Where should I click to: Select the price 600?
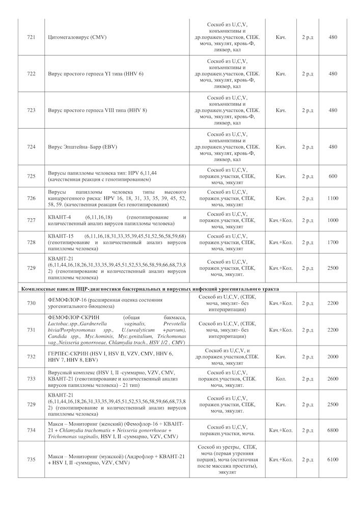tap(333, 176)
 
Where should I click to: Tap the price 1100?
tap(333, 198)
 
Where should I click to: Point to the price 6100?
tap(333, 460)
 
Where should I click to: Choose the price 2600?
tap(333, 379)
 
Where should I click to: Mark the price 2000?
tap(333, 357)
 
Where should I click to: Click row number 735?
tap(31, 460)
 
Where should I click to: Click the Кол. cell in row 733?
tap(281, 379)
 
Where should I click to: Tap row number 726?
tap(31, 198)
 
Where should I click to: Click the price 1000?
tap(333, 220)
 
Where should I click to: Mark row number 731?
tap(31, 330)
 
